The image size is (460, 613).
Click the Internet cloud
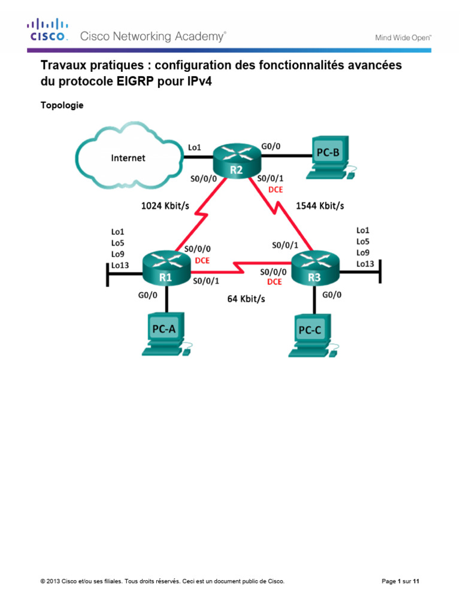pyautogui.click(x=129, y=157)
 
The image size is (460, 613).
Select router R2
pyautogui.click(x=235, y=159)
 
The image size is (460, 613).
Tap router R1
pyautogui.click(x=166, y=266)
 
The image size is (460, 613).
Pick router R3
pyautogui.click(x=314, y=266)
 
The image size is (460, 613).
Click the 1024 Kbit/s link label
pyautogui.click(x=165, y=205)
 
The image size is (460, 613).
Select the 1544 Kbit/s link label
pyautogui.click(x=320, y=205)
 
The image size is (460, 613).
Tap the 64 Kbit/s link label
pyautogui.click(x=246, y=298)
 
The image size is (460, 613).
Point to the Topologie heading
pyautogui.click(x=62, y=106)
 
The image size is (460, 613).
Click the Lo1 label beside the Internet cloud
pyautogui.click(x=195, y=145)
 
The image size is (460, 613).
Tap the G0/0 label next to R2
pyautogui.click(x=271, y=145)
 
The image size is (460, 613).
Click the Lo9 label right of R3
pyautogui.click(x=363, y=252)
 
